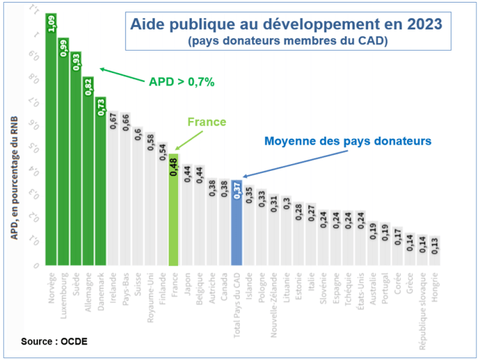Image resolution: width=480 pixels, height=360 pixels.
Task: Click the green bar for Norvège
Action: [51, 141]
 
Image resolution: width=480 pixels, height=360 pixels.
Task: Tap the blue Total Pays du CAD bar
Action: [236, 224]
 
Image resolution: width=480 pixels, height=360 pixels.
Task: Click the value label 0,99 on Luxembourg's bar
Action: [64, 49]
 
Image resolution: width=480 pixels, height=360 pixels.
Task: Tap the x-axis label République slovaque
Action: [422, 305]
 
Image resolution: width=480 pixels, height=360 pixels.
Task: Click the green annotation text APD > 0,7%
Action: [181, 82]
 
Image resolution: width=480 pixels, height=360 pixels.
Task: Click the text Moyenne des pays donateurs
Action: [348, 140]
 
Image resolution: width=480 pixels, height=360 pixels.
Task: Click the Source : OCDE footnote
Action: [54, 341]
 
